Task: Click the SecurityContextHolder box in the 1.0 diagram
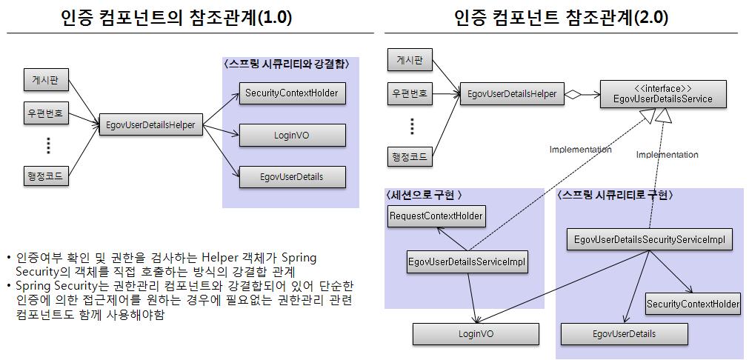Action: [x=291, y=93]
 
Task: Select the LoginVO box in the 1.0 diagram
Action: [x=291, y=135]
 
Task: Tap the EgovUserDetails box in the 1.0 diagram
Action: [x=291, y=177]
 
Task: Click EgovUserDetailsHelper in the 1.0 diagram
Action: [x=150, y=125]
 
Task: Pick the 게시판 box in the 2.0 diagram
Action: [x=410, y=61]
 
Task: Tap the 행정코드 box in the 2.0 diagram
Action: [x=410, y=156]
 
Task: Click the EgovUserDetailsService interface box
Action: [x=663, y=94]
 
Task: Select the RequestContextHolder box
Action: [x=436, y=216]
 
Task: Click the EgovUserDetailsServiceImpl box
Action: [x=467, y=262]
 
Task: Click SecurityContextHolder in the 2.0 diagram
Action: [x=693, y=304]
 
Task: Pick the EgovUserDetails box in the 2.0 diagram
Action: [x=625, y=334]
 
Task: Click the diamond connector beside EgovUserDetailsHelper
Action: [x=572, y=94]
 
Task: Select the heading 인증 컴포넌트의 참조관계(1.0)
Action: [x=176, y=18]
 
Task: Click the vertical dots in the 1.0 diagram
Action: [x=47, y=145]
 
